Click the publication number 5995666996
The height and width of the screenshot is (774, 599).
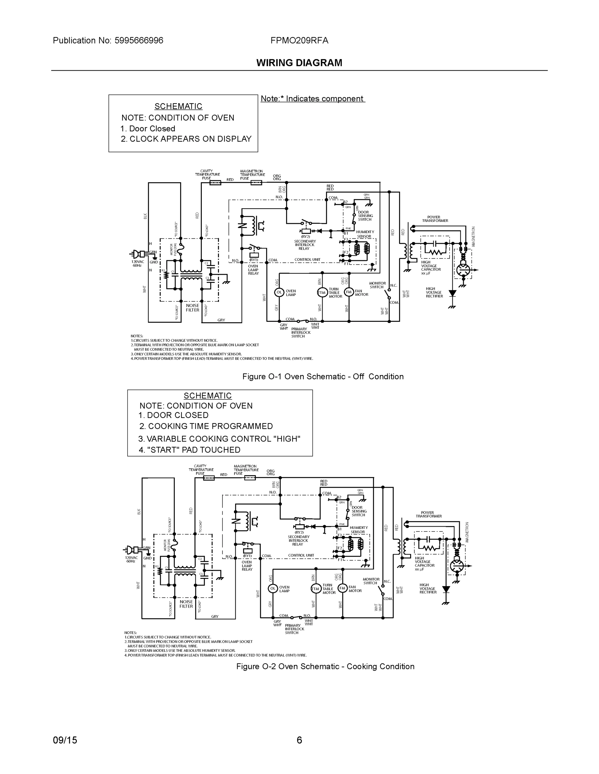click(139, 41)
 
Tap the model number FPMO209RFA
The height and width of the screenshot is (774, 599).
click(299, 41)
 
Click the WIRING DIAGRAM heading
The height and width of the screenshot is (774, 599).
click(299, 63)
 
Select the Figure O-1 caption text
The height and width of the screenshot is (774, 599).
click(323, 377)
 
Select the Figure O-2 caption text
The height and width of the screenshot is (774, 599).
click(325, 667)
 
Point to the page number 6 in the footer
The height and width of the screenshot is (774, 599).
click(299, 740)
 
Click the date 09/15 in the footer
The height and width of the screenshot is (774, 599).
click(65, 740)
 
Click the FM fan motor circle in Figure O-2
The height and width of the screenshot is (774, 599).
click(342, 588)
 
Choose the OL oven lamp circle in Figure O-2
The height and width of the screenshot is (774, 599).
click(273, 588)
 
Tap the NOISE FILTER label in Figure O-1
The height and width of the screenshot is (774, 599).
click(192, 308)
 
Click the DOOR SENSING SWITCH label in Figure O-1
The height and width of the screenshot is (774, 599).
click(365, 216)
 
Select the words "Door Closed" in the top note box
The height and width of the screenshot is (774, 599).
click(152, 129)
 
